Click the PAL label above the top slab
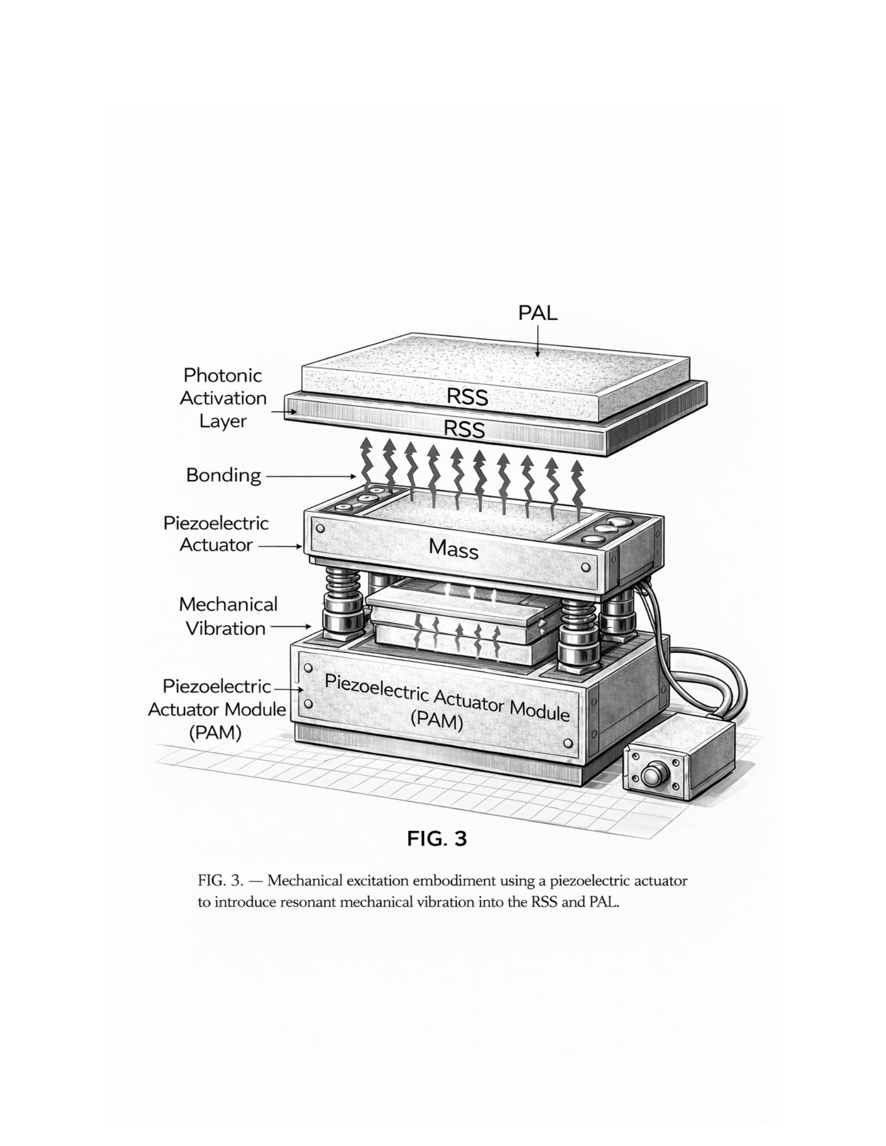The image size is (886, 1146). click(x=537, y=313)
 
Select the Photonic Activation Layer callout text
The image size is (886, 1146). click(x=223, y=398)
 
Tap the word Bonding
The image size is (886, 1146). click(x=224, y=476)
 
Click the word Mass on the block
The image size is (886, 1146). click(x=453, y=549)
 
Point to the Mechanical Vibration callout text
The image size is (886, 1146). click(x=228, y=617)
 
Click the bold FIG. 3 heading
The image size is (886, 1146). click(x=437, y=839)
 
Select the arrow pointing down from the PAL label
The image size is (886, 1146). click(x=537, y=341)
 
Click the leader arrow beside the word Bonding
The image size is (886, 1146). click(x=311, y=477)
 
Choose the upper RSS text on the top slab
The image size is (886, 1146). click(x=467, y=397)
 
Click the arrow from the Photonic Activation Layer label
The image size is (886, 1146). click(x=284, y=413)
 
